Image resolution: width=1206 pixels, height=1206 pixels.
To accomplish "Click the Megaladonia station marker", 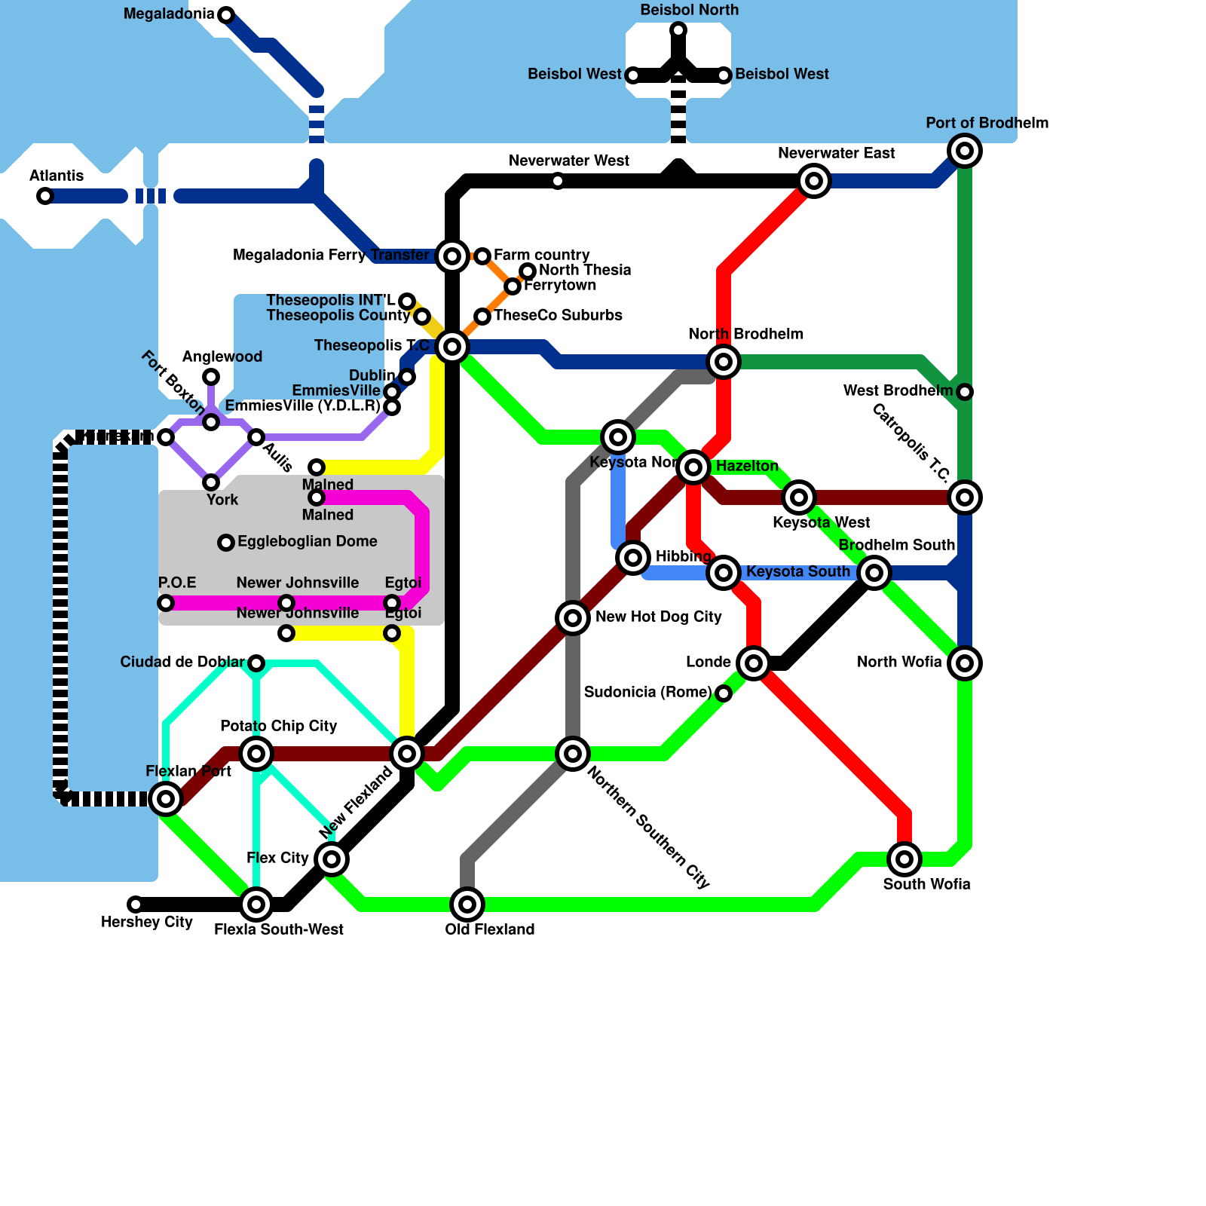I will tap(226, 14).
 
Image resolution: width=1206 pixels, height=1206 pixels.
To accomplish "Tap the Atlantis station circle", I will tap(45, 196).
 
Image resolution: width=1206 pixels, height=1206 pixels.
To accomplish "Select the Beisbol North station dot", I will tap(678, 30).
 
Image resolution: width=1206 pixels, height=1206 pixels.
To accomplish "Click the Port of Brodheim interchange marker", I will tap(965, 151).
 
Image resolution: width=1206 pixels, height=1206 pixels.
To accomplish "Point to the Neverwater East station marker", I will tap(814, 181).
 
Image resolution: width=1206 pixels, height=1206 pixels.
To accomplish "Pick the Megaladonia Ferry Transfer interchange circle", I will tap(452, 256).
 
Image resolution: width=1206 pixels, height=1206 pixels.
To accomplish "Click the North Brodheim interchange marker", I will tap(724, 362).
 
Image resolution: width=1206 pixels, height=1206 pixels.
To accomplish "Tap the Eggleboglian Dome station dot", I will tap(226, 543).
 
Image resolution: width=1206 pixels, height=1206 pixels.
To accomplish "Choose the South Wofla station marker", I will tap(904, 859).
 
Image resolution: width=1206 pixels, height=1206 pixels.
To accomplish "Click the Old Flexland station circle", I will tap(467, 904).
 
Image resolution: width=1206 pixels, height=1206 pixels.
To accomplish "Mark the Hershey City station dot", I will tap(136, 904).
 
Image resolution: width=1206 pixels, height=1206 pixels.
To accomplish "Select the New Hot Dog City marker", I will tap(573, 618).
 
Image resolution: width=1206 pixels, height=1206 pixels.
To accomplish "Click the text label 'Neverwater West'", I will tap(569, 161).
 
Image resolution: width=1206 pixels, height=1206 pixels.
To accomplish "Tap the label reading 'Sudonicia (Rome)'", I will tap(647, 692).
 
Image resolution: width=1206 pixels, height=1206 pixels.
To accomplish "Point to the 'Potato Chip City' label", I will tap(278, 726).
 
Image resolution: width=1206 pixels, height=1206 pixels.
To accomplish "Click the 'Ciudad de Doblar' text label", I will tap(182, 662).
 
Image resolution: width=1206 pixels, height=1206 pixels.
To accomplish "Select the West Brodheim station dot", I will tap(965, 392).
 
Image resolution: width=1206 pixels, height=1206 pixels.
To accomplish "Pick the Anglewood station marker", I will tap(211, 377).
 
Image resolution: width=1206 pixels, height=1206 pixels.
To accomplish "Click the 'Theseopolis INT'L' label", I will tap(331, 300).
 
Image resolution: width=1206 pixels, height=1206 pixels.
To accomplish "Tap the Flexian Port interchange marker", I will tap(166, 799).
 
